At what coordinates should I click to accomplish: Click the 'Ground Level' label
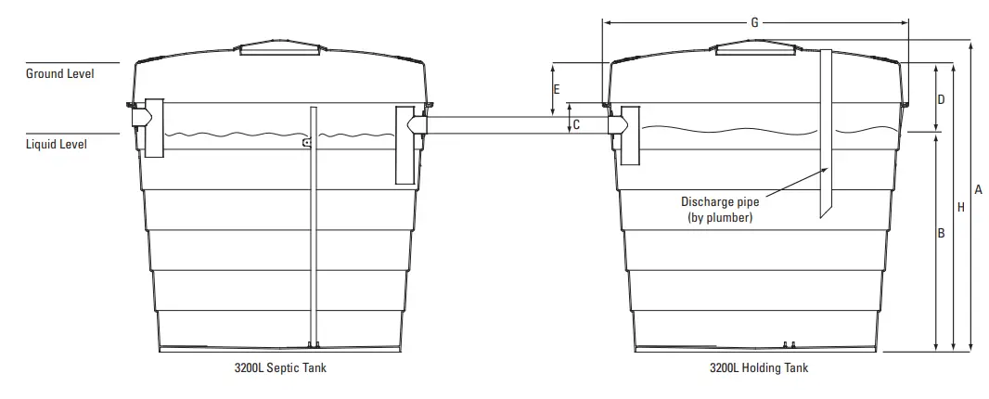point(59,72)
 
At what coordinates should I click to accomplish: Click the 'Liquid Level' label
point(57,144)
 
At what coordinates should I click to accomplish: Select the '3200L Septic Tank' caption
point(280,368)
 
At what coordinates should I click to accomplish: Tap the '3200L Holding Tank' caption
point(758,368)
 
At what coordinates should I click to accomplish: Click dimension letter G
point(754,22)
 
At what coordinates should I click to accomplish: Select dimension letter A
point(978,189)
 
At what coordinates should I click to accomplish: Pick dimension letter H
point(960,208)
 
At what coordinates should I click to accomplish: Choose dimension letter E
point(556,90)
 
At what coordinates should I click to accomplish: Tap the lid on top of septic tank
point(282,49)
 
